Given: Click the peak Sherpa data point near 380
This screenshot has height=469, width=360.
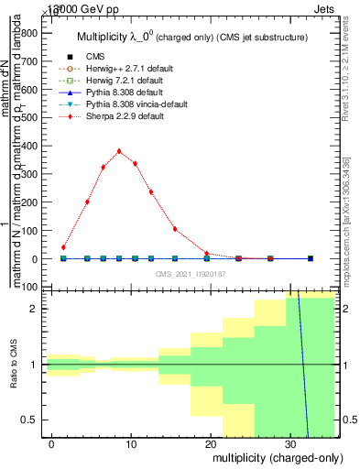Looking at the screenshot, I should (x=119, y=151).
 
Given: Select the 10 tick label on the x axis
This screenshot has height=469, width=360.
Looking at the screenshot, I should (x=132, y=444).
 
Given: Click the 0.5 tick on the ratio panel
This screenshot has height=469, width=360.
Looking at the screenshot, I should (x=33, y=420).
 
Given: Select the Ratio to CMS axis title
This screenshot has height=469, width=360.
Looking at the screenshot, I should (x=13, y=365).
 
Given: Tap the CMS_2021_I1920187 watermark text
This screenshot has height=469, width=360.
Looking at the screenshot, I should (x=191, y=273).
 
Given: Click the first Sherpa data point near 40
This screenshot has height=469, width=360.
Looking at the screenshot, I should (x=63, y=247).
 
